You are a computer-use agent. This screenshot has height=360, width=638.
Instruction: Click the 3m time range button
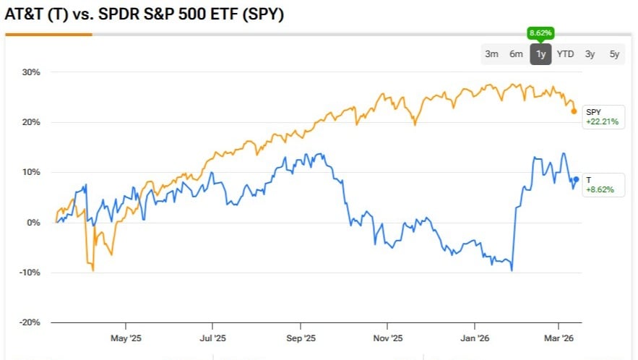coord(492,54)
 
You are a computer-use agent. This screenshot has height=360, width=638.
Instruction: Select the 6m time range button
coord(516,54)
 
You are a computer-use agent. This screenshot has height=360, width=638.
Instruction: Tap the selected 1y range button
coord(540,54)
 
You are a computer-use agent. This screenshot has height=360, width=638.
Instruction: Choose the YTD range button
coord(565,54)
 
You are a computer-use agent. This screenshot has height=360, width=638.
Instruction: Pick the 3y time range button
coord(590,54)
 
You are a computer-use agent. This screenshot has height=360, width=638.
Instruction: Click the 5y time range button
coord(614,54)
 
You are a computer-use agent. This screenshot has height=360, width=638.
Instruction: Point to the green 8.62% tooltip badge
coord(540,33)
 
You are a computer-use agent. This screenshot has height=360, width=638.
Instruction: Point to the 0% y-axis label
coord(33,223)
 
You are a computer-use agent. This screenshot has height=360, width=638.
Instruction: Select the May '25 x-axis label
coord(126,338)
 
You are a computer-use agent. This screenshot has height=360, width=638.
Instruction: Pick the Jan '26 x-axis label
coord(475,338)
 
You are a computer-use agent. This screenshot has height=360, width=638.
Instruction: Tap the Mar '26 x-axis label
coord(559,338)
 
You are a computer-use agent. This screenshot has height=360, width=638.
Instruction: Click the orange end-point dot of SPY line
coord(574,111)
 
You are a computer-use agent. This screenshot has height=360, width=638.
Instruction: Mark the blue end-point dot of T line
coord(576,179)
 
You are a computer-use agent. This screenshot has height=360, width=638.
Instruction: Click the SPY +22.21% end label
coord(601,116)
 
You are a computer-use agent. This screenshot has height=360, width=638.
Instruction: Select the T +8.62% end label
coord(600,184)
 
